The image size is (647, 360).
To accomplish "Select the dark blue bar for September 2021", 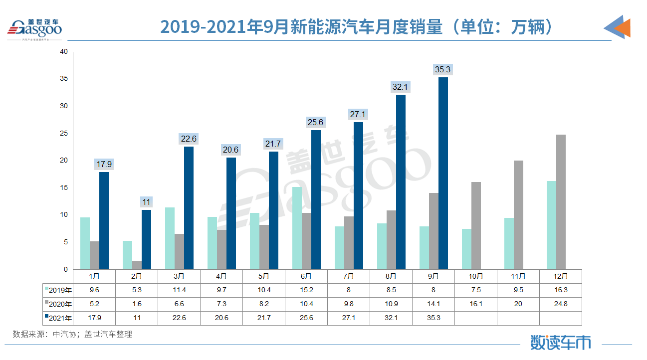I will [442, 173].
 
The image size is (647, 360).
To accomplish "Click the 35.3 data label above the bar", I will [442, 69].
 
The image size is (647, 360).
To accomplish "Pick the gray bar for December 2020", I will [561, 202].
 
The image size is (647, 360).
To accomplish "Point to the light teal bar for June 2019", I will [297, 228].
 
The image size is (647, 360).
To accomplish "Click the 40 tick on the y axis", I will [63, 52].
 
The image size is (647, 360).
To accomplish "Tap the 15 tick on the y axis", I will [63, 188].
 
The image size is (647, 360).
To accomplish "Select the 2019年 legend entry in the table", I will [58, 290].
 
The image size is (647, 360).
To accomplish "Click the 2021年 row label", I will [58, 318].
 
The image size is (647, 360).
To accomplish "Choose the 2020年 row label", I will [58, 304].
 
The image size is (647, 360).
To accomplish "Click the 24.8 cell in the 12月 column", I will [561, 304].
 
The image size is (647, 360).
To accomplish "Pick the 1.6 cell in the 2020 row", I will [137, 304].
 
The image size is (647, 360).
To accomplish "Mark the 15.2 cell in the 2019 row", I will [306, 290].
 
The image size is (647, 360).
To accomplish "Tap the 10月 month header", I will [476, 276].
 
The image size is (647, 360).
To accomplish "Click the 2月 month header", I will [137, 276].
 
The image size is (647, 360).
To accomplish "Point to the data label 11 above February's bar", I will [146, 202].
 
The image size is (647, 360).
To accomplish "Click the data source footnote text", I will [72, 334].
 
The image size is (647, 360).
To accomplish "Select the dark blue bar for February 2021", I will [146, 239].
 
